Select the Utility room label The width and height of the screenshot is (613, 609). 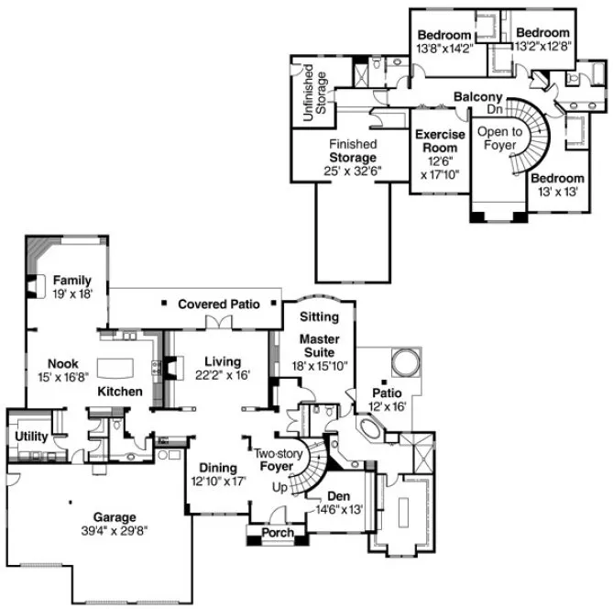(31, 437)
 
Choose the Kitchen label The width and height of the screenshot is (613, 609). (120, 392)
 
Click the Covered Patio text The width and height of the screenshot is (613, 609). (218, 304)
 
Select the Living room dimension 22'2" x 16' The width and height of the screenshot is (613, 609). (222, 374)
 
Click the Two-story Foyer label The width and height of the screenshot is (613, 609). (277, 460)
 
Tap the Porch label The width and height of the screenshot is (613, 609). (278, 533)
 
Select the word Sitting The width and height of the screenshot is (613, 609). (319, 316)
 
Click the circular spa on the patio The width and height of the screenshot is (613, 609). (405, 358)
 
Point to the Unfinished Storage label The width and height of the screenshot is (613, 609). (312, 90)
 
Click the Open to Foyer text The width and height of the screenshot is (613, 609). (499, 138)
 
